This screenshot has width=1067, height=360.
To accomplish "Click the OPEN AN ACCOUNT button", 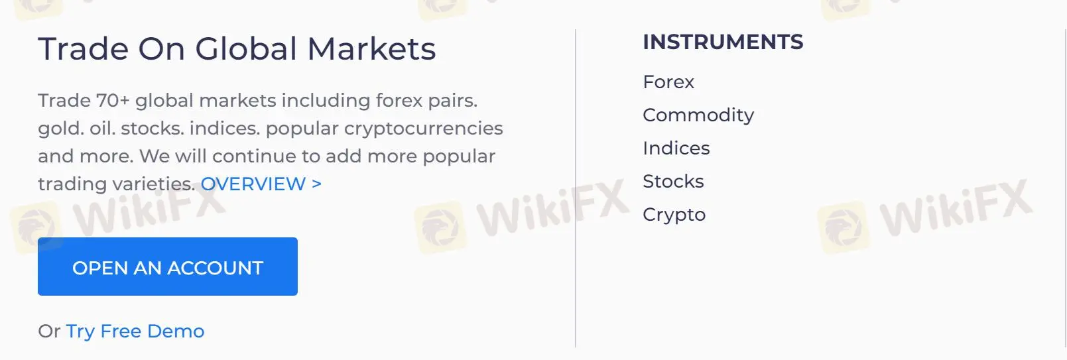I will point(167,267).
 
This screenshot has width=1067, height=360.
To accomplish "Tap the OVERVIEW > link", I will point(261,184).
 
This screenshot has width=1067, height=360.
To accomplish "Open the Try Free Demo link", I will point(135,331).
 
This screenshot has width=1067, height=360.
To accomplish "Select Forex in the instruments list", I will point(668,82).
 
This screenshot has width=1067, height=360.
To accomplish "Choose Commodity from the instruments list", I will point(698,115).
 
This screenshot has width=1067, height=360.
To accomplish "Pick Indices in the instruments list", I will point(676,149).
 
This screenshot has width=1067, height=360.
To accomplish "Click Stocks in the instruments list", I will point(673,182).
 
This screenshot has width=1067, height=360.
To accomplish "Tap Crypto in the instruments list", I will point(674,215).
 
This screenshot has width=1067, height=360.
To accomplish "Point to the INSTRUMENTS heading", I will point(723,42).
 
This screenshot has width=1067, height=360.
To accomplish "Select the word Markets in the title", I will point(371,49).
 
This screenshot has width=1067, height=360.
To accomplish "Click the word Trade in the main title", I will point(83,49).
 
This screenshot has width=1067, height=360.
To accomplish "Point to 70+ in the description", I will point(113,101).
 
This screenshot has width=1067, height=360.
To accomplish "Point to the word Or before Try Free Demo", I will point(49,331).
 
